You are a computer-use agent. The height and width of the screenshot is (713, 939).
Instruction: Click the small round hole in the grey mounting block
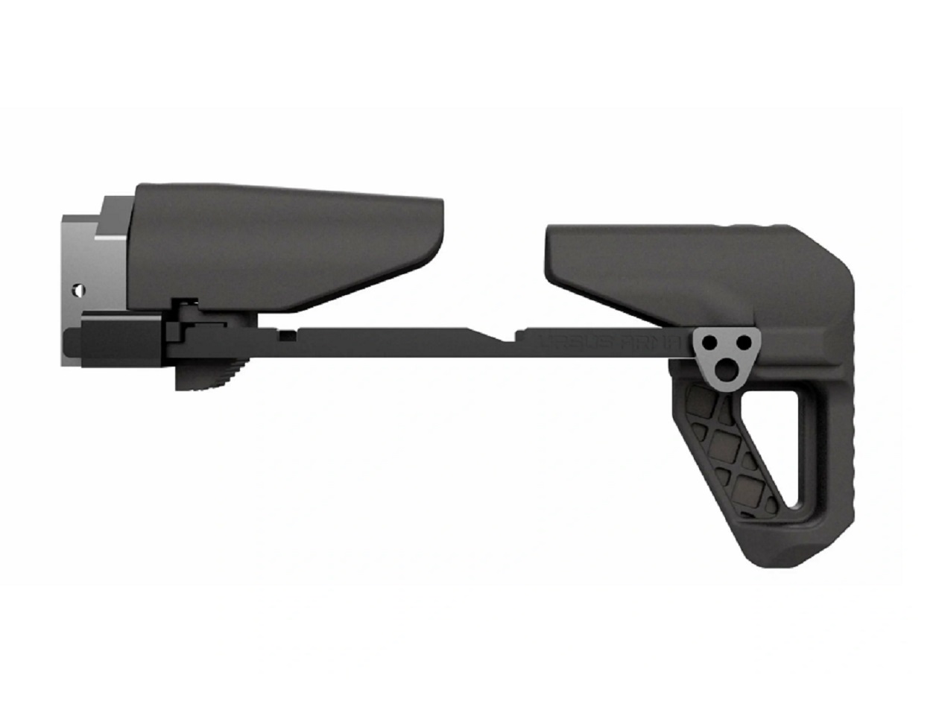(75, 288)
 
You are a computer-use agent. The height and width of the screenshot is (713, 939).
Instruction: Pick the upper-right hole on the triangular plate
(742, 342)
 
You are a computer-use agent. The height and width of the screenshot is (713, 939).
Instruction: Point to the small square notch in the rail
(285, 335)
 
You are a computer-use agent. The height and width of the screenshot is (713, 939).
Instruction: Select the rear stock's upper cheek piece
(656, 261)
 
